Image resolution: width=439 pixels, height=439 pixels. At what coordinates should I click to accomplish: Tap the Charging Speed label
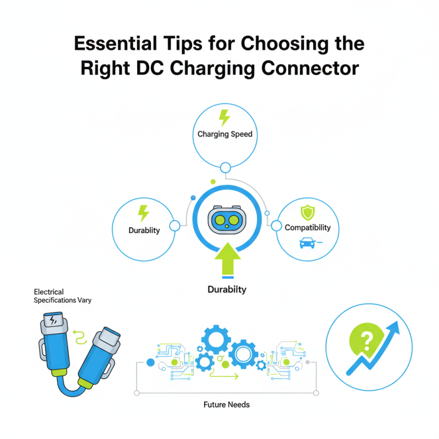(x=225, y=134)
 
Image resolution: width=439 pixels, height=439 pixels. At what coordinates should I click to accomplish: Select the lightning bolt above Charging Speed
(x=224, y=117)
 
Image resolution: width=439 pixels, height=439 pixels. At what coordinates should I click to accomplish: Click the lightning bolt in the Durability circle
(x=143, y=213)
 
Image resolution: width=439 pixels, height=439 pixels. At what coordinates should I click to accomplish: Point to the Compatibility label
(x=308, y=227)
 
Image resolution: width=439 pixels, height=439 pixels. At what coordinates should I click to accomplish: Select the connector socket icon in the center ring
(x=227, y=220)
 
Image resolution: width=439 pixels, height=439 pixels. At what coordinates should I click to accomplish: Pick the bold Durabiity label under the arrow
(x=227, y=289)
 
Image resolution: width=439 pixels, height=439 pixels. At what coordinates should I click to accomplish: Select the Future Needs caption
(x=227, y=404)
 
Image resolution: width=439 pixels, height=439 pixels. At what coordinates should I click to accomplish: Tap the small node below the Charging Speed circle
(x=224, y=167)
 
